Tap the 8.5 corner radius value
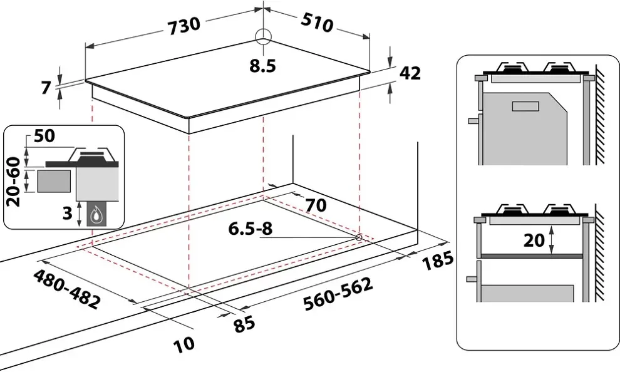point(262,66)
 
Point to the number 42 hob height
point(410,73)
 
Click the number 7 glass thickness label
point(46,88)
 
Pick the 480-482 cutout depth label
point(66,289)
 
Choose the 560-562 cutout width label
point(338,295)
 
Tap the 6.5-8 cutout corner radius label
point(251,229)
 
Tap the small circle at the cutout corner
point(359,237)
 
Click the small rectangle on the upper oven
point(525,106)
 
